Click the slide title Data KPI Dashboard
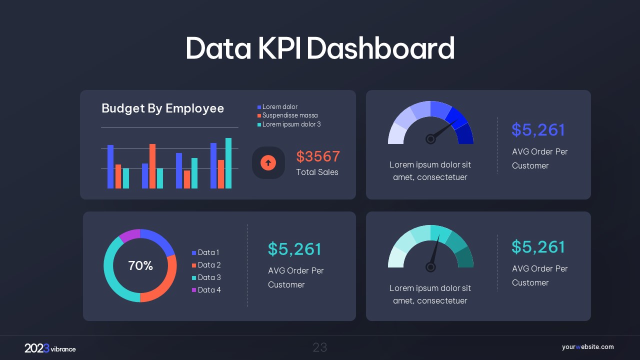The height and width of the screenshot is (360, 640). click(x=320, y=48)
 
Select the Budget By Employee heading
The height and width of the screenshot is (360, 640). click(x=162, y=108)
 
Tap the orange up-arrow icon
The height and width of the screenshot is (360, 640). click(x=268, y=162)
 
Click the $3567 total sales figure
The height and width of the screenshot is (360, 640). click(x=318, y=156)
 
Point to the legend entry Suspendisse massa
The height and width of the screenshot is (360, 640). click(x=289, y=115)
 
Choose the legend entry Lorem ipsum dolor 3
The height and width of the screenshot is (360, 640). click(x=291, y=124)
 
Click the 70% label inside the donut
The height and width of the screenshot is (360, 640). click(x=140, y=266)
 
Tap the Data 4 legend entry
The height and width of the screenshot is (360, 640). click(x=208, y=290)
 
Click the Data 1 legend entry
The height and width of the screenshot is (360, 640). click(x=208, y=252)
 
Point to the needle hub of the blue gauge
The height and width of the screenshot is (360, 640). click(x=430, y=139)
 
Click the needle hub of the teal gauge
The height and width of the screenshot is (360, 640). click(x=430, y=267)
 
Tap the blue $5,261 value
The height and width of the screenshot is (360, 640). click(x=538, y=130)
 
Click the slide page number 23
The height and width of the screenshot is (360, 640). click(x=320, y=347)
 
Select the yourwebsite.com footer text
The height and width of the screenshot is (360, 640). click(x=587, y=347)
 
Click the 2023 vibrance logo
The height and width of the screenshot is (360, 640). click(x=50, y=348)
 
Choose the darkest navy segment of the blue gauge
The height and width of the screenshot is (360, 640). click(x=464, y=134)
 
